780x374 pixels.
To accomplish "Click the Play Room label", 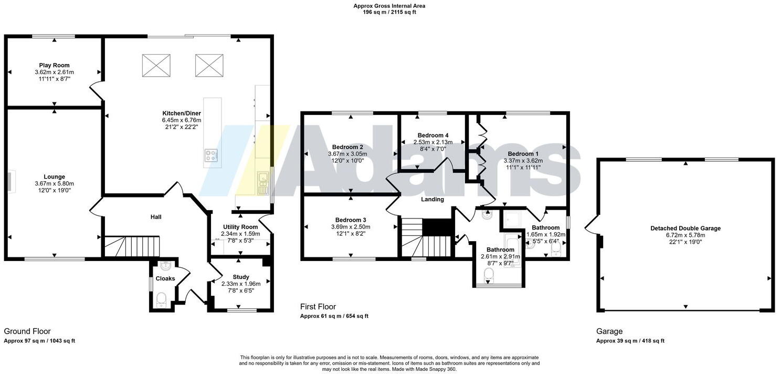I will pos(54,65).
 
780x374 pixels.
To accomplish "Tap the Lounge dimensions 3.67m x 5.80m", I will pos(54,184).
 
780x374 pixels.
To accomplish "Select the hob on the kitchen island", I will pos(212,155).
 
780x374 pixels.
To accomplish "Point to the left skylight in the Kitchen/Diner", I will pos(156,65).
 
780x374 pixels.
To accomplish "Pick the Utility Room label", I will pos(239,227).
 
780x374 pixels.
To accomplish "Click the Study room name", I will pos(240,277).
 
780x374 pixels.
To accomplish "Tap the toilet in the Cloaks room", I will pos(161,299).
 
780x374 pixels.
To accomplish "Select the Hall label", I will pos(156,217).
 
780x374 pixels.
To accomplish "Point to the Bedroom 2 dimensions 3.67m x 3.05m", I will pos(347,154).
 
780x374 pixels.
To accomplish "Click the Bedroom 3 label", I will pos(350,220).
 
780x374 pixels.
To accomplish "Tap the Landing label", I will pos(432,200).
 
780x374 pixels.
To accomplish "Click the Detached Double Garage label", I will pos(685,228).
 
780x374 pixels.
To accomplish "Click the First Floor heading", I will pos(318,307).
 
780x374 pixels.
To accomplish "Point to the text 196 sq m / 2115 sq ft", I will pos(389,12).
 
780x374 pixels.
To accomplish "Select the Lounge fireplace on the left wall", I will pos(10,180).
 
